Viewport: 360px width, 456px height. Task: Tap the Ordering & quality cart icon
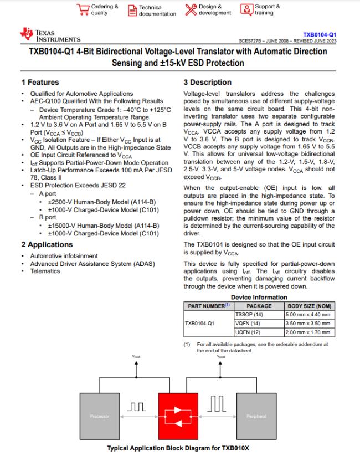pos(84,9)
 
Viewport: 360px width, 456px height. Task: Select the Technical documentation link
pos(133,10)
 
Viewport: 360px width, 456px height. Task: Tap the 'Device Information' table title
pos(259,297)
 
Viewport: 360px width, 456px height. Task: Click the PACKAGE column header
pos(259,306)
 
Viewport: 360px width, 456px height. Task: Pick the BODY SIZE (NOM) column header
pos(309,306)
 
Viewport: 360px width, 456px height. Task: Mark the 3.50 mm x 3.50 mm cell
pos(309,323)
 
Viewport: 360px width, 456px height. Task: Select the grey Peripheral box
pos(256,416)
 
